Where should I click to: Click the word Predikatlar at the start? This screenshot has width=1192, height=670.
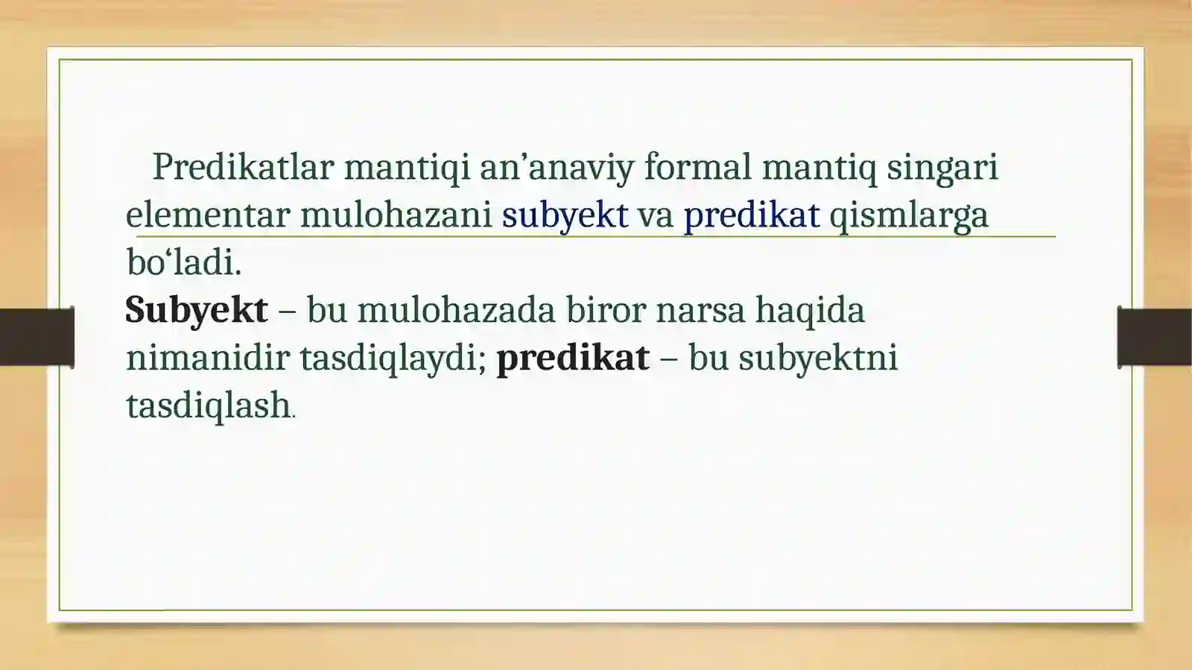coord(243,167)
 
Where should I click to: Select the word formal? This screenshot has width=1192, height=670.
coord(697,167)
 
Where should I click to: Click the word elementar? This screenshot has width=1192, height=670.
coord(207,215)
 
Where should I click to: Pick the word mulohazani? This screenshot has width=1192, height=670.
coord(396,215)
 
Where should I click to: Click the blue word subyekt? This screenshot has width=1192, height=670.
coord(565,216)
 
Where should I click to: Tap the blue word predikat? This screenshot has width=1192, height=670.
coord(751,216)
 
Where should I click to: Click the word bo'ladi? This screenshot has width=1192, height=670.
coord(184,262)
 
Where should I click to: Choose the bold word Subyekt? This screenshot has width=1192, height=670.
coord(196,311)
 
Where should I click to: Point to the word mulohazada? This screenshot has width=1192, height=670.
coord(456,311)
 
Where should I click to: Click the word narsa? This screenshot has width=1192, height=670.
coord(700,311)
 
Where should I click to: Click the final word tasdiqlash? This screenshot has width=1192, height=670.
coord(208,407)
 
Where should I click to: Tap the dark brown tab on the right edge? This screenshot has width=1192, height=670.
coord(1154,337)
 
